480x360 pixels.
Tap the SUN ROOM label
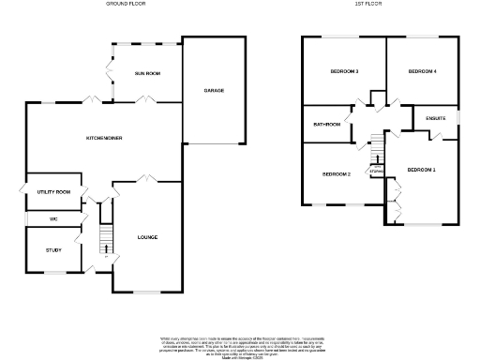146,72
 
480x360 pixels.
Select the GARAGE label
214,90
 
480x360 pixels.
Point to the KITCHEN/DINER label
105,138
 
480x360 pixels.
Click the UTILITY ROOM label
54,191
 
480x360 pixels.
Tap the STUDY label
52,250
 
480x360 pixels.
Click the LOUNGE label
147,237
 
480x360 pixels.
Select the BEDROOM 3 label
345,72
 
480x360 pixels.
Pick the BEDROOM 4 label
422,72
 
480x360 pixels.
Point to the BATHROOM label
325,124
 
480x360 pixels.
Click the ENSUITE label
435,119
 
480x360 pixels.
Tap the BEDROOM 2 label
336,174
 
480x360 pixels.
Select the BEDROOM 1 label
421,170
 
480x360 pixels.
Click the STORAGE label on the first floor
375,172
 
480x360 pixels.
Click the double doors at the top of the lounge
146,179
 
